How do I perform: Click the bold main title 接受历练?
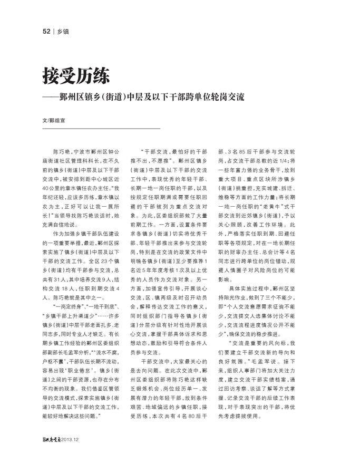[76, 77]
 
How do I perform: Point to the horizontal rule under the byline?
[101, 129]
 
